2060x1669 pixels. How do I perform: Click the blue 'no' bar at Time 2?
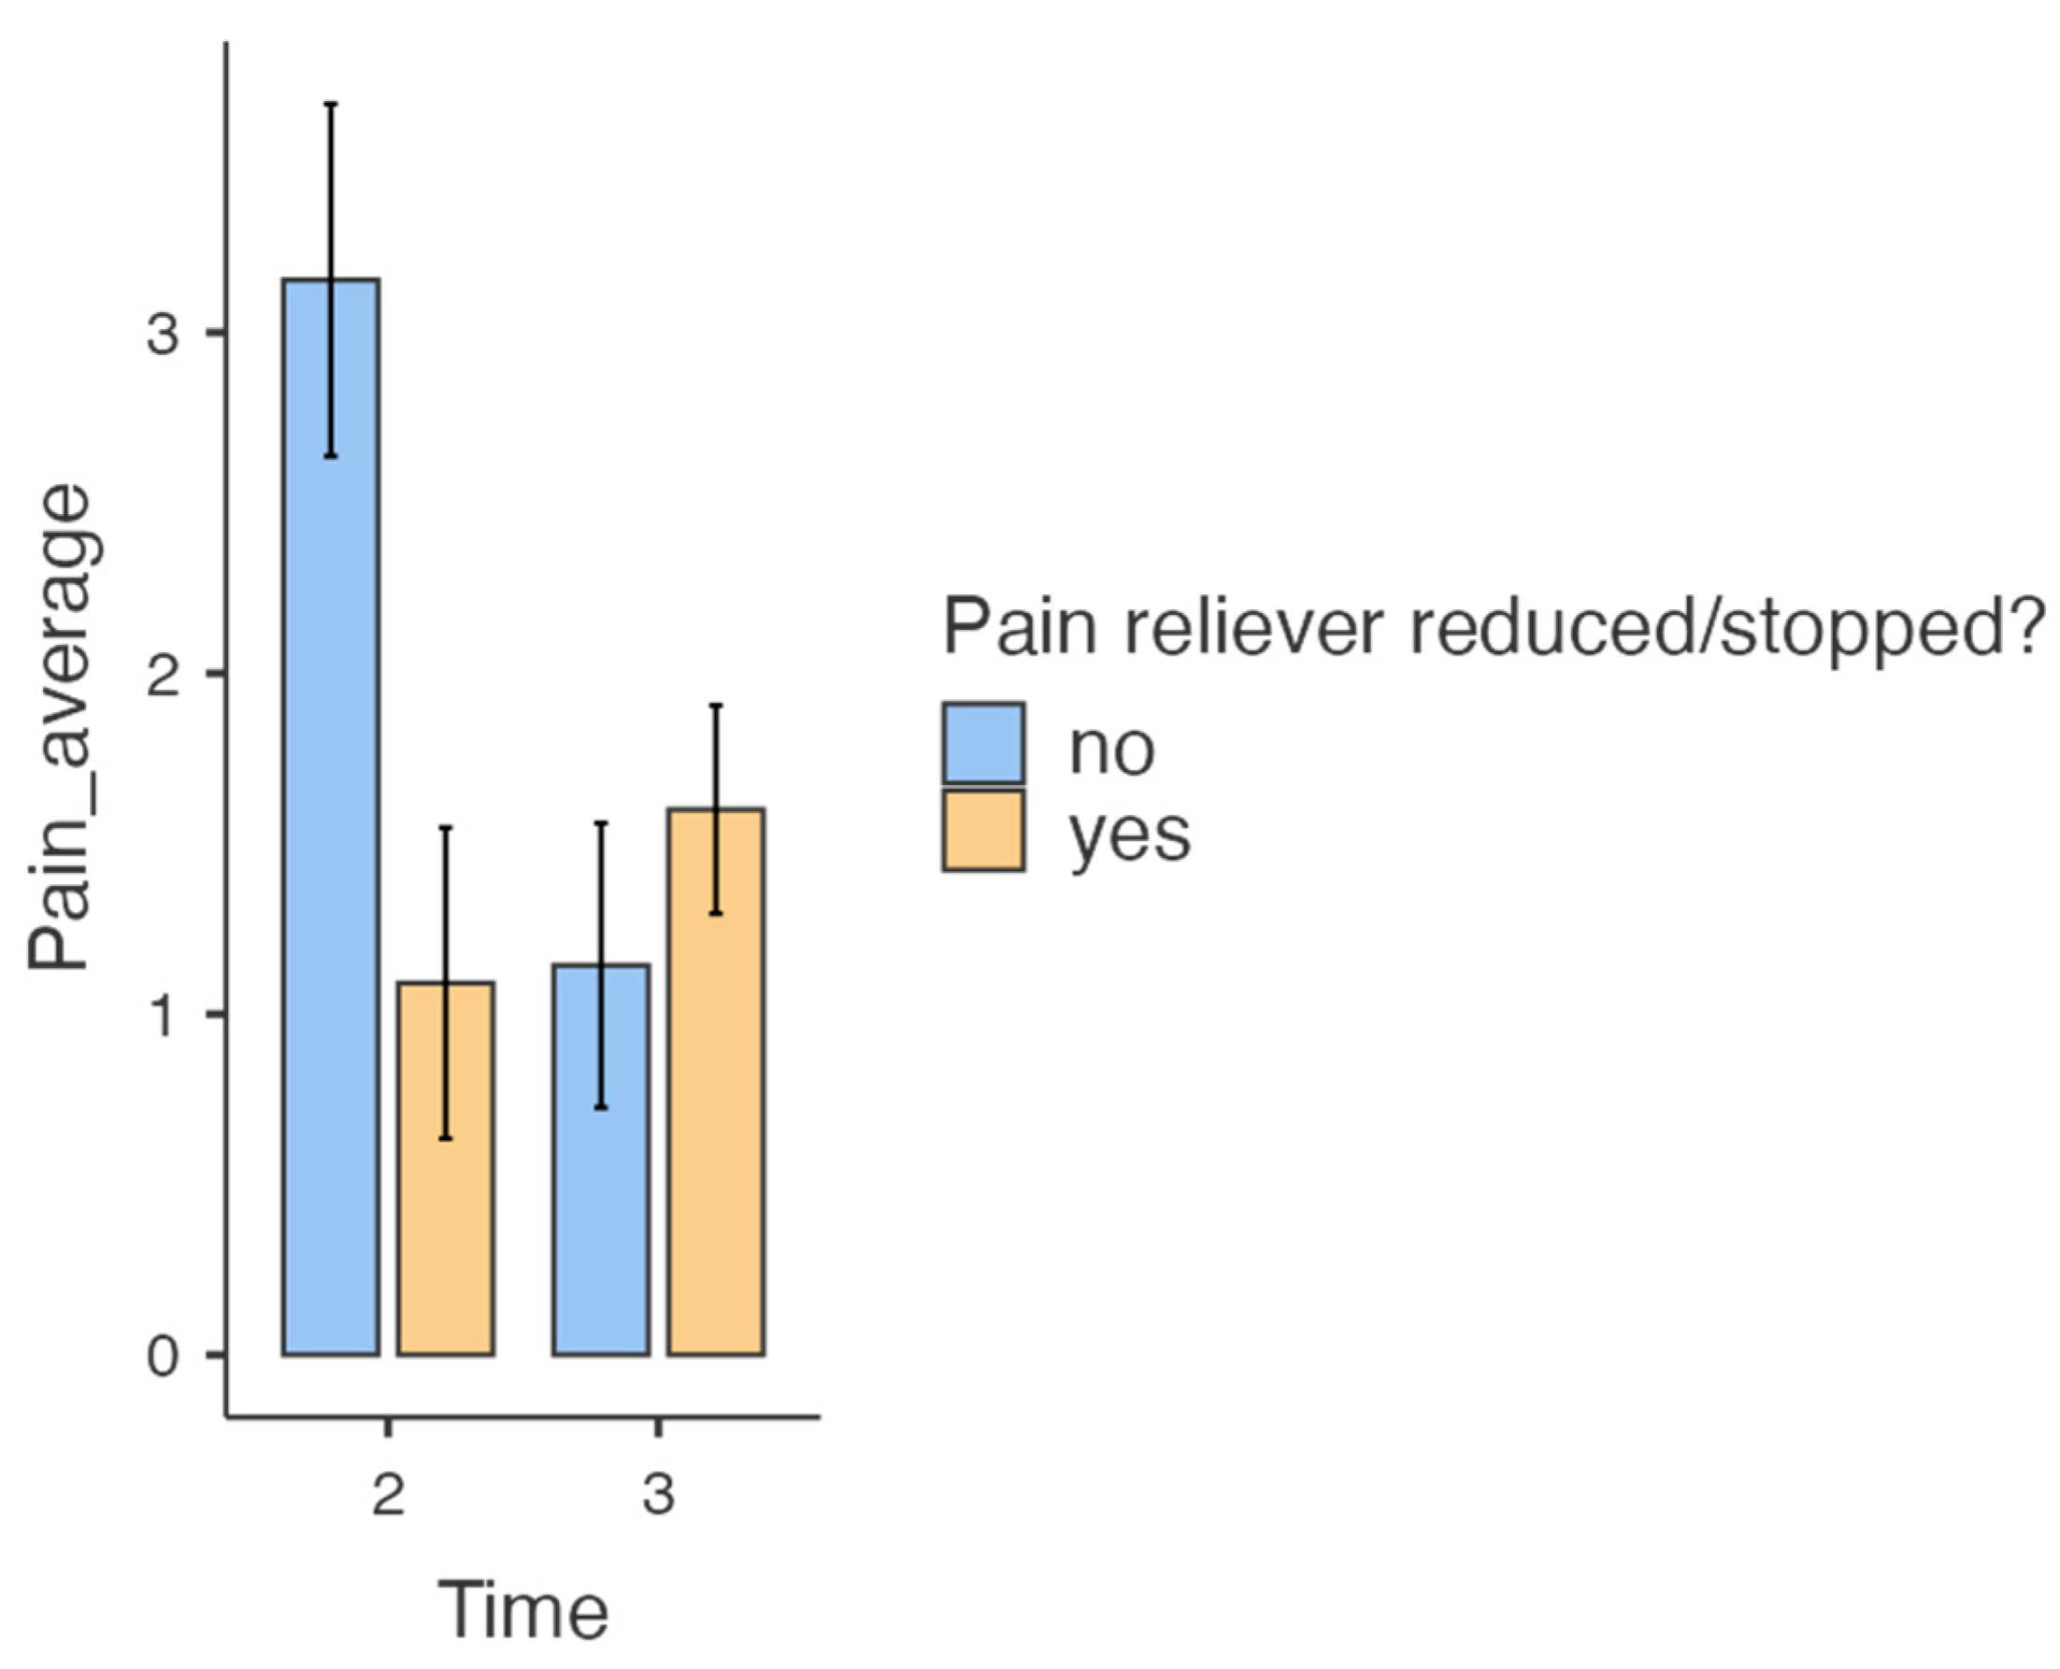(331, 817)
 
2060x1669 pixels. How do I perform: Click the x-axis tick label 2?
(389, 1496)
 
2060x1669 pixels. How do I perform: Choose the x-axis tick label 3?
(659, 1496)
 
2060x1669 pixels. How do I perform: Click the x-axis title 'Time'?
(524, 1609)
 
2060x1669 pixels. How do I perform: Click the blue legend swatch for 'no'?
(983, 743)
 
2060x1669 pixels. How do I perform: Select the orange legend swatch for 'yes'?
(983, 830)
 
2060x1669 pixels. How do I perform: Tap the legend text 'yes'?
(1131, 834)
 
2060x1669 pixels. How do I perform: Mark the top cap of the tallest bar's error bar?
(331, 103)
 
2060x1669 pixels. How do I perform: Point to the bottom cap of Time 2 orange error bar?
(446, 1138)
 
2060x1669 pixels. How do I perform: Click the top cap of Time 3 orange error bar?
(717, 706)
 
